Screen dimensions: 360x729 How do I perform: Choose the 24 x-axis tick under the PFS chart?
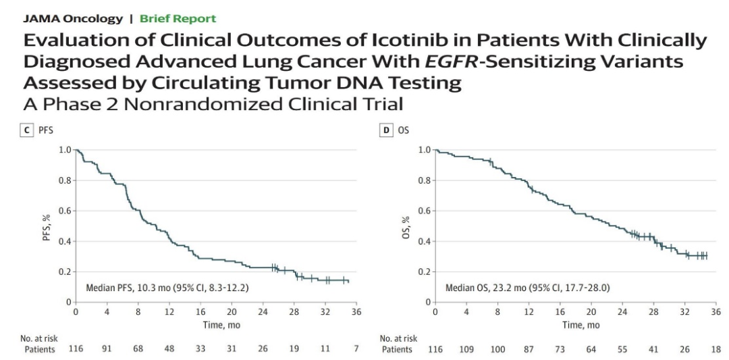[x=263, y=312]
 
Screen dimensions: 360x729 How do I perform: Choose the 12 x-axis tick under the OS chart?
[x=529, y=312]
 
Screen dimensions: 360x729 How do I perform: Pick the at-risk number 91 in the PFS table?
[x=107, y=350]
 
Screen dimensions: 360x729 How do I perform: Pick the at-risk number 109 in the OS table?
[x=466, y=350]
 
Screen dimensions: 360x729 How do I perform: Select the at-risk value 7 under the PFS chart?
[x=356, y=350]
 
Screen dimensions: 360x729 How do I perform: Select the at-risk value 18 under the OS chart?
[x=715, y=350]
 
